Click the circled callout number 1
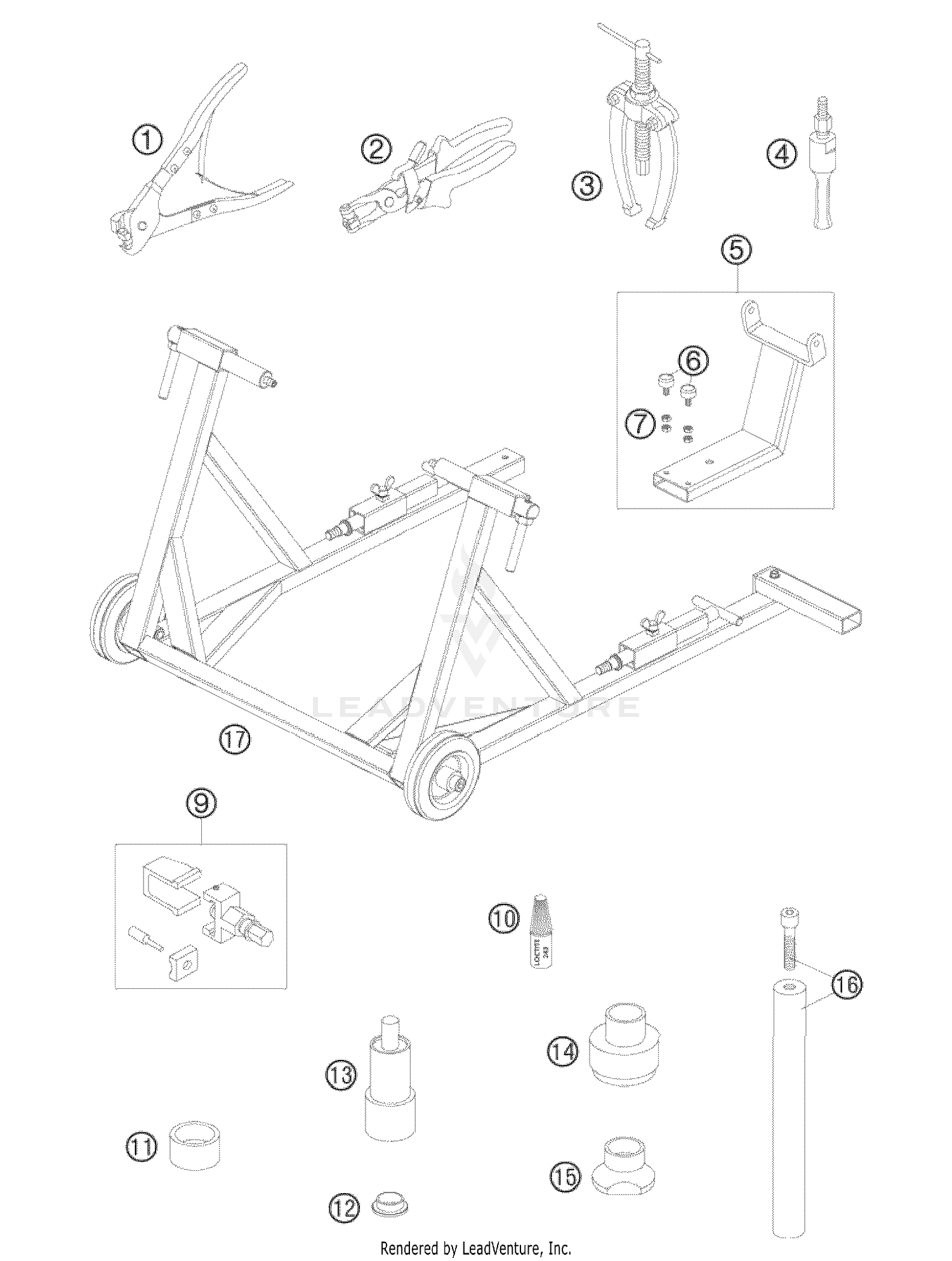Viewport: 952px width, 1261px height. click(147, 140)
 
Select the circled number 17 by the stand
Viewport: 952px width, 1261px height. click(235, 740)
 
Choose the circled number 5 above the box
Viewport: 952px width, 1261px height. click(736, 250)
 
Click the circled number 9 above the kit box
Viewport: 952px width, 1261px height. click(201, 803)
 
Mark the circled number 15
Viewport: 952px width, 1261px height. click(565, 1177)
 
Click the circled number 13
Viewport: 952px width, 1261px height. click(341, 1075)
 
